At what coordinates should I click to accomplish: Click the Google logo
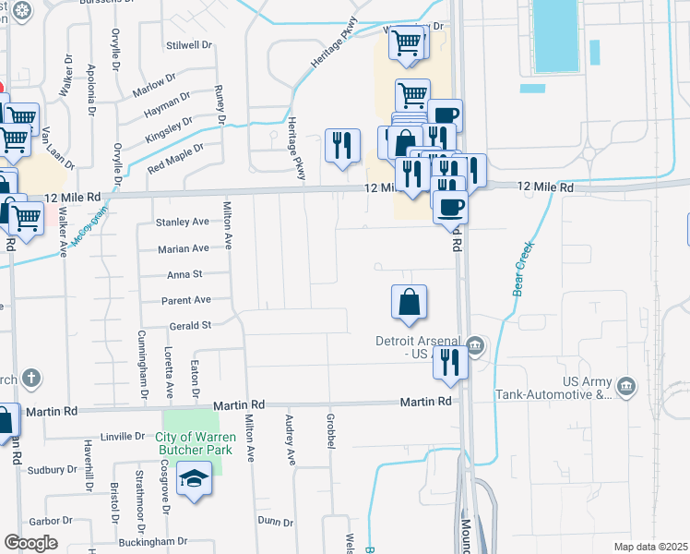(x=30, y=543)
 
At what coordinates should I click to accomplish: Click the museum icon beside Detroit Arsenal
(x=475, y=346)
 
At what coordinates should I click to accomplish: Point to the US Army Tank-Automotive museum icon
(x=626, y=384)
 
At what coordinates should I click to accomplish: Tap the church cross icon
(x=30, y=377)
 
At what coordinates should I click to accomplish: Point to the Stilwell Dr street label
(x=189, y=44)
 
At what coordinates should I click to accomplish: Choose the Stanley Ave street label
(x=183, y=223)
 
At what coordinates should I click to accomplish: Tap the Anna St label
(x=184, y=274)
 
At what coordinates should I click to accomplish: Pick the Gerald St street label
(x=191, y=326)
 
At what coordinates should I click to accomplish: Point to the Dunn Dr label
(x=275, y=521)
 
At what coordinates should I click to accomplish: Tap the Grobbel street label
(x=329, y=431)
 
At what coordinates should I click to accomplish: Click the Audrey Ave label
(x=290, y=444)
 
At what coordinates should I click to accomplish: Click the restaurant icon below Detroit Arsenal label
(x=451, y=360)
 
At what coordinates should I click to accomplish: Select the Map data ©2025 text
(x=649, y=547)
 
